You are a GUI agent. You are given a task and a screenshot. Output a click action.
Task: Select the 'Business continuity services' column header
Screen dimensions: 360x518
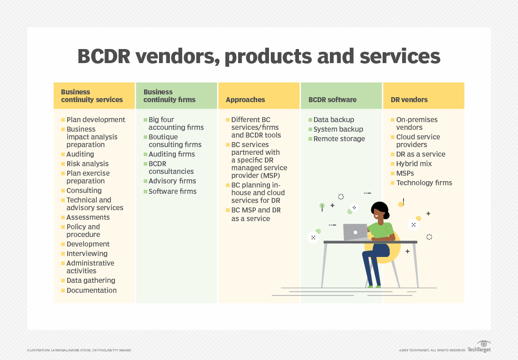coord(92,96)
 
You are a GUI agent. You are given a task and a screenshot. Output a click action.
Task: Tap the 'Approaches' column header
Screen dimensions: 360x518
coord(245,99)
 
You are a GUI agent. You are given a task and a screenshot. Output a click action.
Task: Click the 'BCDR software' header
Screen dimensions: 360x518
coord(332,99)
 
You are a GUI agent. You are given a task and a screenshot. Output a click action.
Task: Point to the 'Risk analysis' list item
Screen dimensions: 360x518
coord(88,163)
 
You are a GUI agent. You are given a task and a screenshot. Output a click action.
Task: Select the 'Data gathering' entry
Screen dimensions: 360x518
coord(91,280)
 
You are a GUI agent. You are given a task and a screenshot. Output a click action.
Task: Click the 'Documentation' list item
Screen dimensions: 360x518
coord(91,290)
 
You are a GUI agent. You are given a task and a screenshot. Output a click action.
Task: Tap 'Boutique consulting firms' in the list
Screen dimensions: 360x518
coord(175,141)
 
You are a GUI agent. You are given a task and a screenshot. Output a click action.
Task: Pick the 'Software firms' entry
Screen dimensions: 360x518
coord(173,191)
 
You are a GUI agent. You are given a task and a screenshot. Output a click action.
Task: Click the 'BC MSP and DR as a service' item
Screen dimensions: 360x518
coord(256,214)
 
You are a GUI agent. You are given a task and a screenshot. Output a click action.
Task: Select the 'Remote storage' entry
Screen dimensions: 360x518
coord(339,139)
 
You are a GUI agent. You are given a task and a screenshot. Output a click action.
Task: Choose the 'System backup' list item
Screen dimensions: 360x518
coord(338,129)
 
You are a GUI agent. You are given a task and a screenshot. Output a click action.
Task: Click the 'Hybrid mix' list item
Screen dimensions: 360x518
coord(414,163)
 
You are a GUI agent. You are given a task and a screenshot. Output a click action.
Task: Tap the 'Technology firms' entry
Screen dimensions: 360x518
coord(424,182)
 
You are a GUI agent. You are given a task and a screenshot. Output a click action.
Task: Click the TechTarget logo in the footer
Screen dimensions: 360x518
coord(479,347)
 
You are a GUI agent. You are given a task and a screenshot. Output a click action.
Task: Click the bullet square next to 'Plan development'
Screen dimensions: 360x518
coord(63,120)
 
